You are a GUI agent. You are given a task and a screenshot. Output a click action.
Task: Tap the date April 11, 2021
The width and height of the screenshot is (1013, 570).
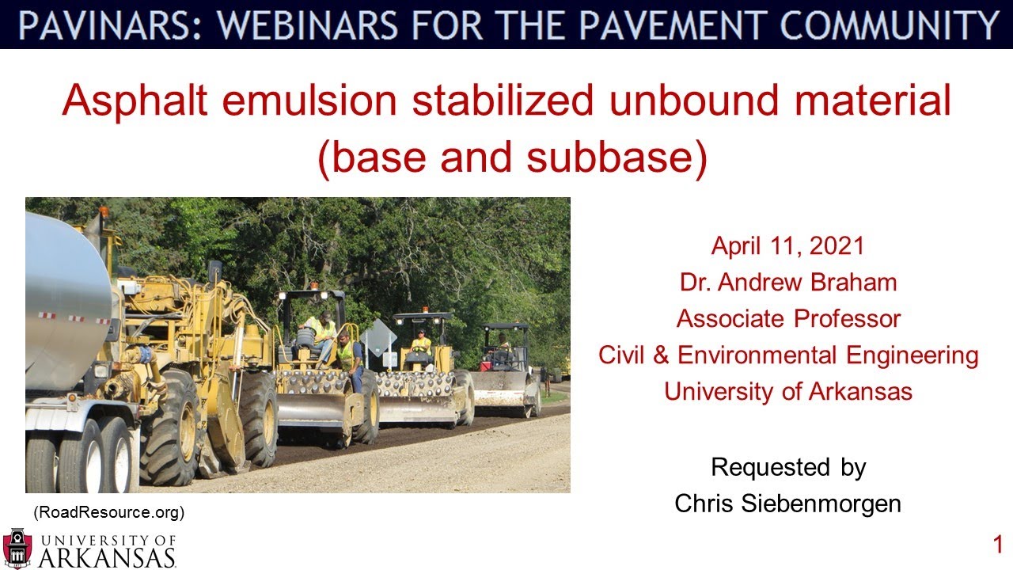[x=787, y=245]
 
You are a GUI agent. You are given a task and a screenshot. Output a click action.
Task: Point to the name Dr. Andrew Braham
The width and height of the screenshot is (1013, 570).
[x=787, y=282]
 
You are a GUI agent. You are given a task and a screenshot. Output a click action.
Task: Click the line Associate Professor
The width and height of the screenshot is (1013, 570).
[x=787, y=318]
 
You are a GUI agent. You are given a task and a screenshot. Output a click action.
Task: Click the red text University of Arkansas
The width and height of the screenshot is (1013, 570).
[x=787, y=391]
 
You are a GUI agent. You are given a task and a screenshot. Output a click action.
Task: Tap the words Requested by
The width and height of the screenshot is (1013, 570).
[x=787, y=467]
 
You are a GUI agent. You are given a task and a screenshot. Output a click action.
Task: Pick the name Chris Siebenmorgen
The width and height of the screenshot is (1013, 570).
[x=787, y=503]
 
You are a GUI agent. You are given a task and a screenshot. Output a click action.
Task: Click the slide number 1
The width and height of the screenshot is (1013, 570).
[x=998, y=545]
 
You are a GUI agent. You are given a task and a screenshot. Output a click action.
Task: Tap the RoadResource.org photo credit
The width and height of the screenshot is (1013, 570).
[x=108, y=512]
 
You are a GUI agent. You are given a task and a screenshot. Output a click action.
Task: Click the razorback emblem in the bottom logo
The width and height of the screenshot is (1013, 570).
[x=17, y=549]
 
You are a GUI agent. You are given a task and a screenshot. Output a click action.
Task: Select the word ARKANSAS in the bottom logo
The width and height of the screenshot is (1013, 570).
[x=107, y=557]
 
